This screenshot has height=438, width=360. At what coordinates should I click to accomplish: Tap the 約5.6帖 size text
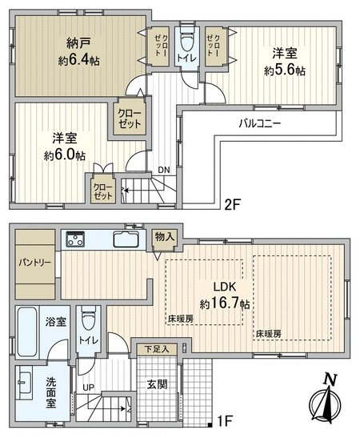coord(285,70)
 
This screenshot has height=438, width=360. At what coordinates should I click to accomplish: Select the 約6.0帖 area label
coord(65,155)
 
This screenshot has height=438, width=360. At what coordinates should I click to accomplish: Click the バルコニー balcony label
coord(260,123)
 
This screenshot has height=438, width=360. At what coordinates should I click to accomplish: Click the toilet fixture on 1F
coord(88,319)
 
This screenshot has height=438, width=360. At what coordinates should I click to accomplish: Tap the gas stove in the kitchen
coord(74,239)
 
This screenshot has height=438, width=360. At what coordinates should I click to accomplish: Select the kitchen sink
coord(126,239)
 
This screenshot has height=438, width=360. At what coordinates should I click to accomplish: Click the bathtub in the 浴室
coord(27,332)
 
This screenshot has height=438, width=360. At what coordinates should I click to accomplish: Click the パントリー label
coord(35,263)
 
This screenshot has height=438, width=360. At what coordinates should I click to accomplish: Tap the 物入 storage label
coord(165,236)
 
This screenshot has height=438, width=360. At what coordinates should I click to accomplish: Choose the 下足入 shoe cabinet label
coord(157,349)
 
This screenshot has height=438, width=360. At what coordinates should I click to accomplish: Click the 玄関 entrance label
coord(157,384)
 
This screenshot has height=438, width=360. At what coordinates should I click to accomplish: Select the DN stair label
coord(164,170)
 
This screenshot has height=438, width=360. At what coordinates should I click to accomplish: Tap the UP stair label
coord(89,388)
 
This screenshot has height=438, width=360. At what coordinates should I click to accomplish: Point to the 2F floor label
coord(233,205)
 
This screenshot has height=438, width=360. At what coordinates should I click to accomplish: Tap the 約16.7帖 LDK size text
coord(225,303)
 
